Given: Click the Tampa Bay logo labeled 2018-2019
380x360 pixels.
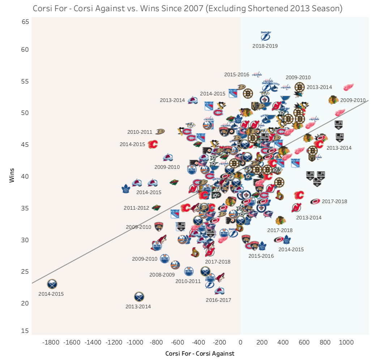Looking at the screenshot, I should [266, 36].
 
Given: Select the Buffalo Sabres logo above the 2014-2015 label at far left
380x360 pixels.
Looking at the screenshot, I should [52, 284].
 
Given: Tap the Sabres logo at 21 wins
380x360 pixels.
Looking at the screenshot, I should [139, 297].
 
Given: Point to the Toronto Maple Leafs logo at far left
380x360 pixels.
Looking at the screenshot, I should [126, 189].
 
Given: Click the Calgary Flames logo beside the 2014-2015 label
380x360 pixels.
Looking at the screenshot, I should [153, 144].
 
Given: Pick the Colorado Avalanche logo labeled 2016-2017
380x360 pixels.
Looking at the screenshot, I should [219, 291].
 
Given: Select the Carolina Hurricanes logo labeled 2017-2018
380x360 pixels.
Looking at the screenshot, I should [315, 201].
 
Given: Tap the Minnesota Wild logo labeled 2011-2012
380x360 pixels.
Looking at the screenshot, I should [156, 207].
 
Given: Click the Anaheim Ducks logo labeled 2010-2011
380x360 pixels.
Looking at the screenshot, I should [160, 132].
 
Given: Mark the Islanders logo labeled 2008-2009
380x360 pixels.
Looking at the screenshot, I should [175, 265].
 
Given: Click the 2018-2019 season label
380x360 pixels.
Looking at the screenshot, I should [265, 46].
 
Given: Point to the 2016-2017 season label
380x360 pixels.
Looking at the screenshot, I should [218, 300].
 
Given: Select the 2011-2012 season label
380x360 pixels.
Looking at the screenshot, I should [136, 208].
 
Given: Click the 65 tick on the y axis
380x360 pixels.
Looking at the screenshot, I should [25, 22].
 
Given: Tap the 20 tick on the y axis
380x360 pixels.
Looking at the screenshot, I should [25, 303].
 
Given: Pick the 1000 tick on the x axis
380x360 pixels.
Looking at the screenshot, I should [346, 342].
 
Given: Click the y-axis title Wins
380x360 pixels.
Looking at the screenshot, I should [12, 176].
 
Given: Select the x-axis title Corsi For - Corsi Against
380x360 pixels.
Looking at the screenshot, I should [200, 353].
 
